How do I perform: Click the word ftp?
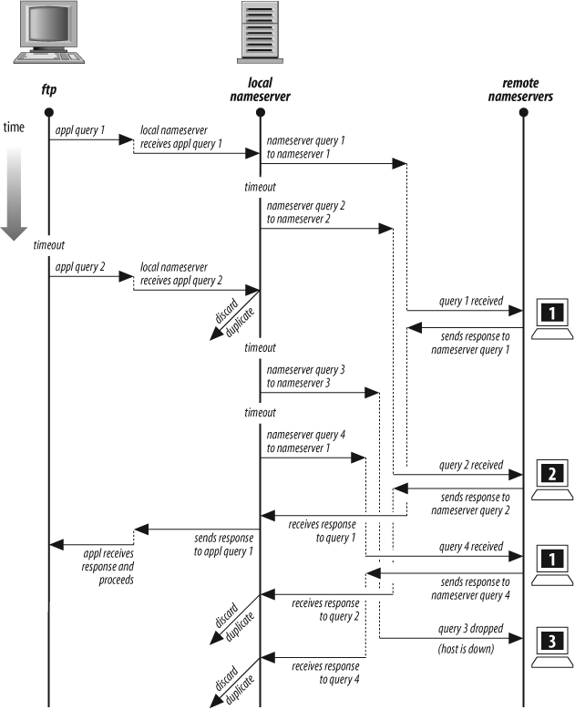point(48,91)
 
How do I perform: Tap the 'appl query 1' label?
point(81,130)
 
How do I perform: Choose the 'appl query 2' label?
point(81,268)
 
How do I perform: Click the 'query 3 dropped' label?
point(471,630)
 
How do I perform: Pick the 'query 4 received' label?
point(471,547)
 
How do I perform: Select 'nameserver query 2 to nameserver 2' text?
point(305,213)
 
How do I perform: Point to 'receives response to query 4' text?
point(325,672)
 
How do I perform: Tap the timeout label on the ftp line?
point(48,246)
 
